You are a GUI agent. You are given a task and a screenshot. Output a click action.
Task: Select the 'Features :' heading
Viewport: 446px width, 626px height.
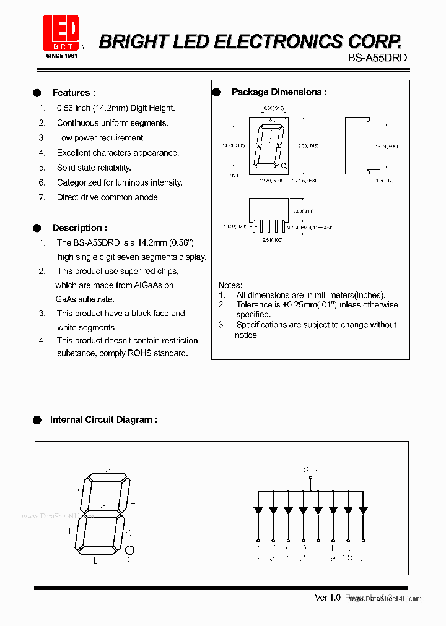click(x=73, y=93)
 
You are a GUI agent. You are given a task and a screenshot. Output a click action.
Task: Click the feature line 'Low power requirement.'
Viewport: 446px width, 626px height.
click(x=100, y=138)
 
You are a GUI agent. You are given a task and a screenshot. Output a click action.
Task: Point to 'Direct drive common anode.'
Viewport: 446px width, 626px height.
click(x=108, y=197)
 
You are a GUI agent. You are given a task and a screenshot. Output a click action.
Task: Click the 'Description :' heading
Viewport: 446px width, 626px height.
click(x=79, y=228)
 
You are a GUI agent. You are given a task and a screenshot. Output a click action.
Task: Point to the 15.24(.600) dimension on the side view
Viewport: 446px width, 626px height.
click(x=387, y=147)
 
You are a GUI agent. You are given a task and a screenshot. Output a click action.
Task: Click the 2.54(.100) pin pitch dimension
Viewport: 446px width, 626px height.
click(x=272, y=239)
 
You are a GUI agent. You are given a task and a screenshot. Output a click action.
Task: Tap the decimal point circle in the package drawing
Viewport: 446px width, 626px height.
click(x=284, y=166)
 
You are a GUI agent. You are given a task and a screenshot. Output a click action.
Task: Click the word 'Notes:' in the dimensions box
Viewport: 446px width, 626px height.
click(x=230, y=285)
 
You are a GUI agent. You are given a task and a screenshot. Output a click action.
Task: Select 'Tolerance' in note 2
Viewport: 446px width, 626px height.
click(x=254, y=304)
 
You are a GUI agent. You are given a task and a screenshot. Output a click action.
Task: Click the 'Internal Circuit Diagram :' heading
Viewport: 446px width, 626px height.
click(x=103, y=419)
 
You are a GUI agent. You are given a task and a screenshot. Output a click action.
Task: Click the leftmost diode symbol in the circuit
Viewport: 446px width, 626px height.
click(x=258, y=511)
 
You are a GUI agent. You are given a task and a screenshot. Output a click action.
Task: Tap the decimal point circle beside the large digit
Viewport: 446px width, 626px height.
click(x=129, y=550)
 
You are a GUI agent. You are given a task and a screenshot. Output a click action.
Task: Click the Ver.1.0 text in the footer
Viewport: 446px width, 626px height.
click(x=328, y=598)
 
